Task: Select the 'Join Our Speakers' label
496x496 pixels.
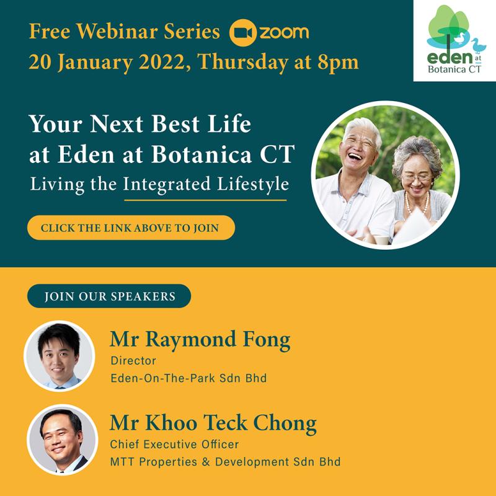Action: click(109, 296)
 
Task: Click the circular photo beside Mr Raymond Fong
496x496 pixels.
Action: click(59, 355)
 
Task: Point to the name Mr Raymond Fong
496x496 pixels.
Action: click(200, 340)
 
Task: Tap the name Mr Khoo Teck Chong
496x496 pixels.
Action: click(213, 424)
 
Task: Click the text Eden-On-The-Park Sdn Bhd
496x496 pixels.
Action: click(188, 378)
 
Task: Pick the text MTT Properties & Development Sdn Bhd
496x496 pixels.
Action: click(225, 462)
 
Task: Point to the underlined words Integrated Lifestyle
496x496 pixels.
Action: click(205, 185)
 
